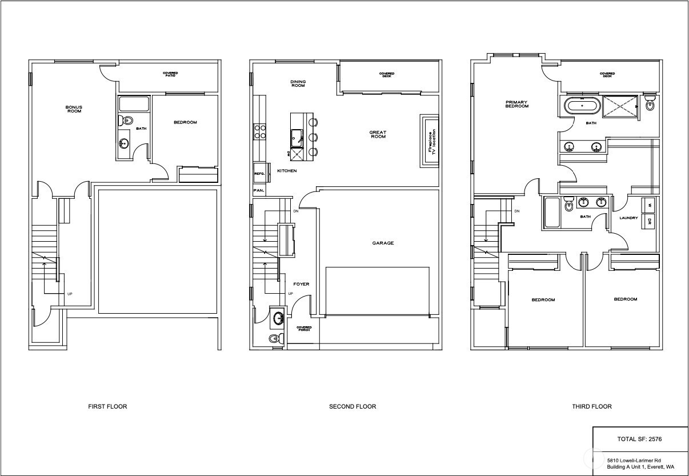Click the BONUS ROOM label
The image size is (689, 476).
[73, 109]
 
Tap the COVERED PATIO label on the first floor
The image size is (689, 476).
[170, 75]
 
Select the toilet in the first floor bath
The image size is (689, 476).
[126, 121]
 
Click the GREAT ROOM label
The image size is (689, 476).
[378, 135]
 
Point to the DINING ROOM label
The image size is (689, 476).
[298, 83]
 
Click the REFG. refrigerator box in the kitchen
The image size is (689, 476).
[259, 173]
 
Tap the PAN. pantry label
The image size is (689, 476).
[258, 191]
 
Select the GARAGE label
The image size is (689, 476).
[383, 243]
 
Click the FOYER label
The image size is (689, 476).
[301, 284]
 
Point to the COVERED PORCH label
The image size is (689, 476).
[303, 329]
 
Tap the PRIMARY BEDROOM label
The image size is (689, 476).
[516, 104]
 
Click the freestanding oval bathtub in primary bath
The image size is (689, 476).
[582, 106]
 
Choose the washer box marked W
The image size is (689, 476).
[649, 206]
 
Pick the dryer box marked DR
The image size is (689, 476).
[649, 222]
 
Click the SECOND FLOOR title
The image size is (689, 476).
[352, 407]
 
